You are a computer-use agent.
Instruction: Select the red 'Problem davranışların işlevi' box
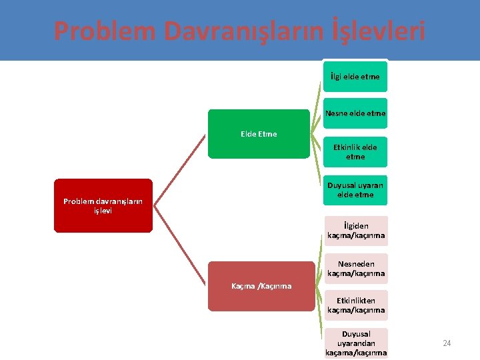(x=103, y=205)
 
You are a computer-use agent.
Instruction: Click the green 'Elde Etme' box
(x=259, y=134)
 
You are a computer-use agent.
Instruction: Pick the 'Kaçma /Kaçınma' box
(x=261, y=286)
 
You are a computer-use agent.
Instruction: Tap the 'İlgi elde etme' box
(x=355, y=77)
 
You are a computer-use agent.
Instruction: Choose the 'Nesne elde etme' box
(x=355, y=114)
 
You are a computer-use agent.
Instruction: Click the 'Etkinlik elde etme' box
(x=355, y=152)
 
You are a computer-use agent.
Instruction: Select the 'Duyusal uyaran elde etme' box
(x=355, y=190)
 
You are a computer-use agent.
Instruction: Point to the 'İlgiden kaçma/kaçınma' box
(x=356, y=231)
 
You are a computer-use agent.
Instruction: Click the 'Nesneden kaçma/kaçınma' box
(x=356, y=269)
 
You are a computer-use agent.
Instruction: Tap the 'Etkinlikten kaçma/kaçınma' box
(x=356, y=305)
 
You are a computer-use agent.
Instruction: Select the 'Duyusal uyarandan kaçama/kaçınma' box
(x=356, y=343)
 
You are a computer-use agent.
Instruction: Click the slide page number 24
(x=447, y=343)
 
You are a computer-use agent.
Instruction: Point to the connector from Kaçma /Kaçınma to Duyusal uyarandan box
(x=318, y=320)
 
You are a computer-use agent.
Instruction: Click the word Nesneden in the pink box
(x=356, y=264)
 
